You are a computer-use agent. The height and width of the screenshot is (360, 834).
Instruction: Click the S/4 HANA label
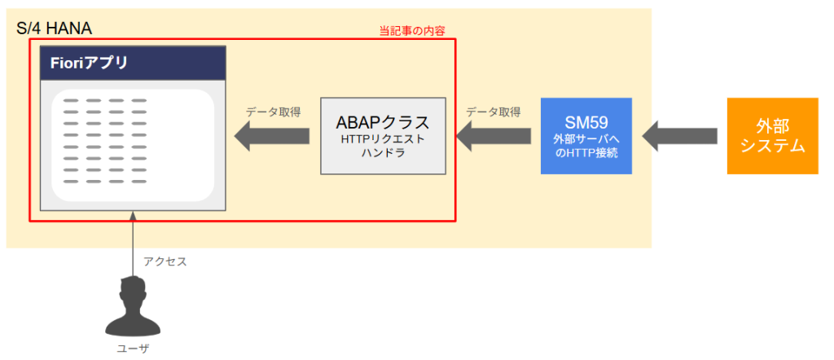click(x=54, y=29)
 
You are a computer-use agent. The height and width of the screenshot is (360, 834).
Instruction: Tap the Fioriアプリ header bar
click(x=133, y=63)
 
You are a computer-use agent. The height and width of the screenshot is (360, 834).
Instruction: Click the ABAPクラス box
click(x=383, y=136)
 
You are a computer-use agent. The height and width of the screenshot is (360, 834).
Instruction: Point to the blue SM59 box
click(x=586, y=136)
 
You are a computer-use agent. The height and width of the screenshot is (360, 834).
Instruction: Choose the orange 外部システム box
click(x=772, y=136)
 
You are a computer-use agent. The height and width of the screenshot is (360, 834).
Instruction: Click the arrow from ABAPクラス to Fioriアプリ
click(x=272, y=136)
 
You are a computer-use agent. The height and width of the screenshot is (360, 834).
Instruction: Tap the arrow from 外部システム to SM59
click(x=680, y=136)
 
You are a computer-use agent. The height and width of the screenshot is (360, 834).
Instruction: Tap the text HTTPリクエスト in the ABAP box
click(x=383, y=139)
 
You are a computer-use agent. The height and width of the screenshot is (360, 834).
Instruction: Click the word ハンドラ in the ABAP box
click(x=383, y=153)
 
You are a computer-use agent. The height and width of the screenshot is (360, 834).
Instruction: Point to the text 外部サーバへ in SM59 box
click(x=586, y=139)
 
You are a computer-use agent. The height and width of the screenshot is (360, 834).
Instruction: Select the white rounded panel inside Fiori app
click(x=133, y=146)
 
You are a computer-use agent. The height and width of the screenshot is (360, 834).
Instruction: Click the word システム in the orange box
click(x=772, y=147)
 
